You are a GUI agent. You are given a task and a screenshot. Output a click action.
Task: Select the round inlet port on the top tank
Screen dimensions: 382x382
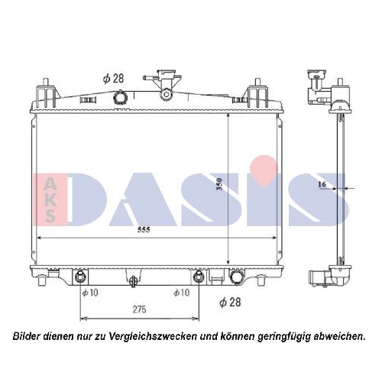point(119,98)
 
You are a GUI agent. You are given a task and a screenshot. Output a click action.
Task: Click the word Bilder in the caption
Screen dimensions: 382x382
point(29,335)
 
